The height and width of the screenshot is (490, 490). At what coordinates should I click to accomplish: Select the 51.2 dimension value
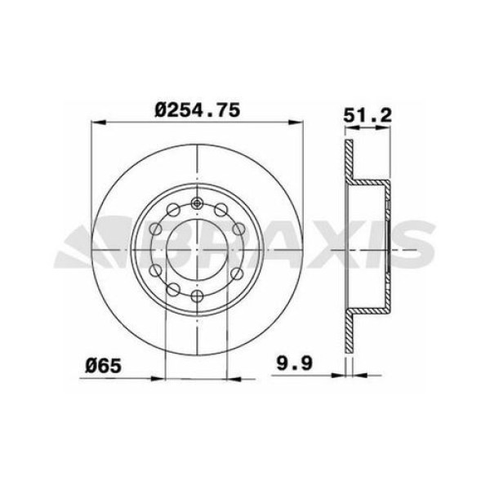point(367,116)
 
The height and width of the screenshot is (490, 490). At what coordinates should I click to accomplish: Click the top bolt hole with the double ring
point(197,204)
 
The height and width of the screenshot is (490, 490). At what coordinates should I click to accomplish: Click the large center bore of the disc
point(197,249)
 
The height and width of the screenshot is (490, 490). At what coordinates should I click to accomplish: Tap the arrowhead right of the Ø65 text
point(160,378)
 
